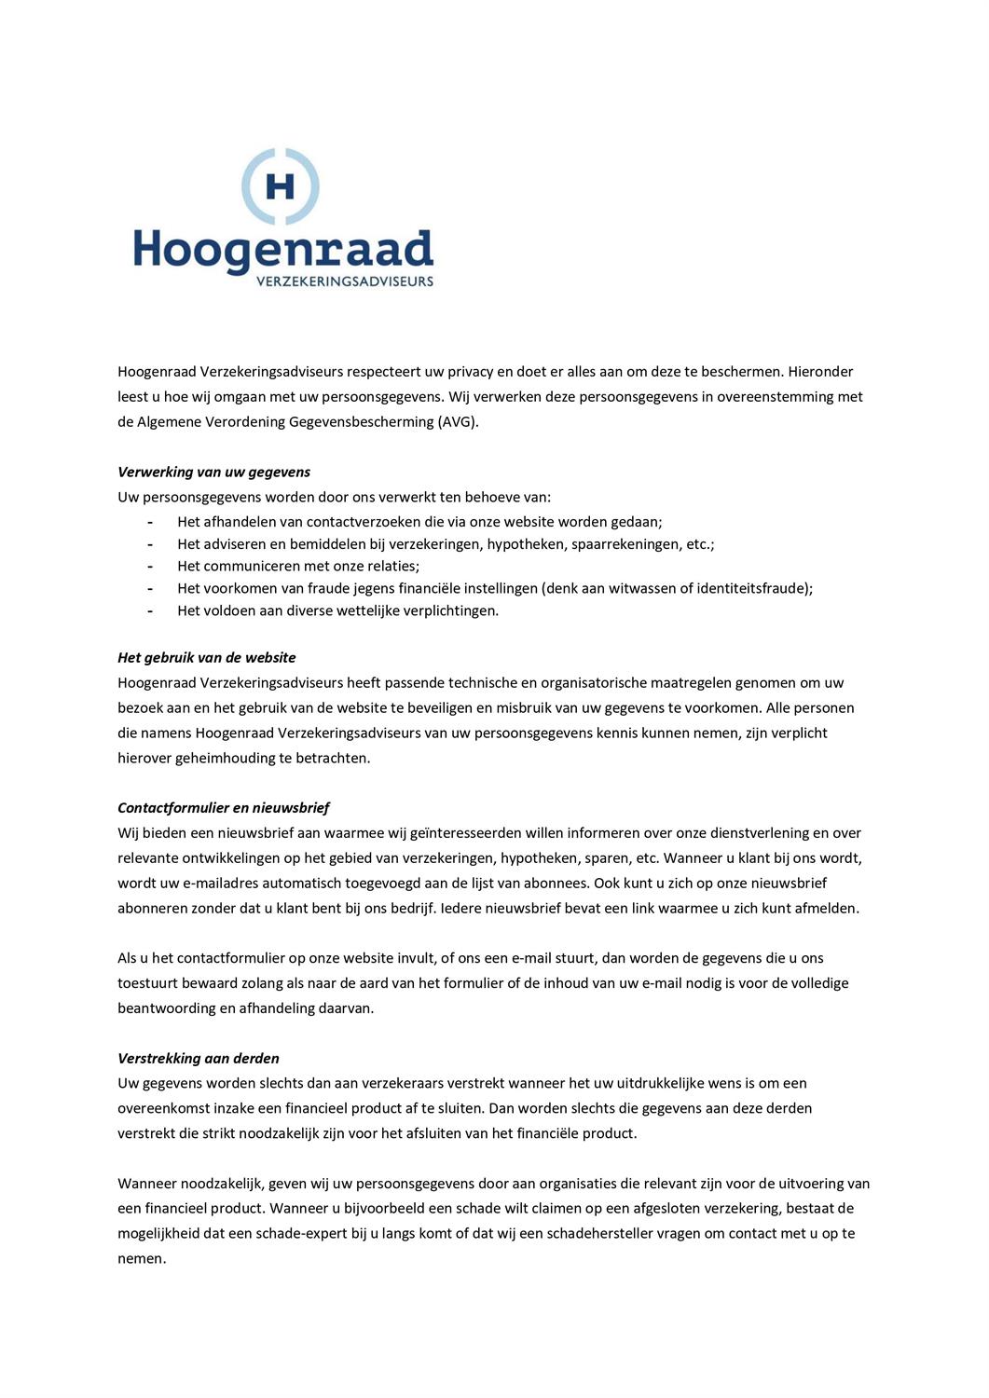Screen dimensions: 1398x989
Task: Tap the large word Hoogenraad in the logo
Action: pos(283,250)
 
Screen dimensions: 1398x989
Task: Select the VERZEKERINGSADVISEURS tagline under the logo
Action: pos(344,281)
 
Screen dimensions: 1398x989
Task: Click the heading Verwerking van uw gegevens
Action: pos(213,472)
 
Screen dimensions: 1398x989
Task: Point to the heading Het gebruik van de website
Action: pos(206,657)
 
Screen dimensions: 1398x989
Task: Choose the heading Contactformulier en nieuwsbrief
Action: pos(223,807)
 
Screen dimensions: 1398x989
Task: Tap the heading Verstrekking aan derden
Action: pos(198,1058)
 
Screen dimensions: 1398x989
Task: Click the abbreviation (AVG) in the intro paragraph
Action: pos(458,421)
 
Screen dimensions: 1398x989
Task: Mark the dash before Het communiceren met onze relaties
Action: pos(149,567)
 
